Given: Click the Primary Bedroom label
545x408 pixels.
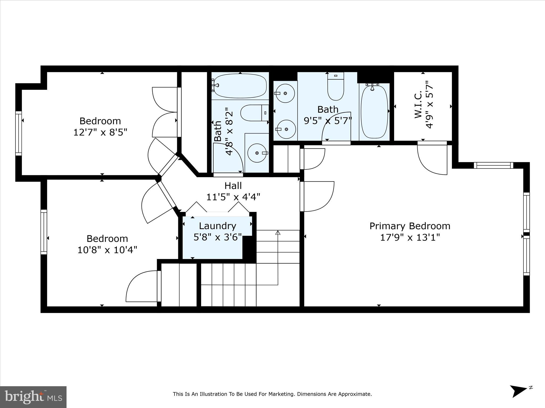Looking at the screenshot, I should click(410, 226).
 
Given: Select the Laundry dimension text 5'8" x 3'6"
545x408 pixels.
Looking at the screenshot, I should click(218, 237).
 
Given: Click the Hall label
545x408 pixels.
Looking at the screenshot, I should click(233, 186).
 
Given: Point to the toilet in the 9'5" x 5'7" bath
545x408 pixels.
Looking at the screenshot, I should click(336, 88).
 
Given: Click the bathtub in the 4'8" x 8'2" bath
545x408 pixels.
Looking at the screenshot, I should click(240, 86).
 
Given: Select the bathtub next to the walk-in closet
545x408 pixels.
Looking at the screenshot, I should click(374, 112).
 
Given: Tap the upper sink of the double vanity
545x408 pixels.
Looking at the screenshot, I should click(285, 93).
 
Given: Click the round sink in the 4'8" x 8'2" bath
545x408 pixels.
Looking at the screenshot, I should click(257, 153).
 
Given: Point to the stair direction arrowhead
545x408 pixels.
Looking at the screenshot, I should click(278, 233).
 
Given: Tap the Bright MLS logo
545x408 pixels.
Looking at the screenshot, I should click(33, 397).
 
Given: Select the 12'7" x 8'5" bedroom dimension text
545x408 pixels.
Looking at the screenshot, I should click(100, 132).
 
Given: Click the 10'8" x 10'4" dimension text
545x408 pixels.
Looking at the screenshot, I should click(107, 250).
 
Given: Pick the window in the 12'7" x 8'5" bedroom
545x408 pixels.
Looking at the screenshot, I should click(18, 133).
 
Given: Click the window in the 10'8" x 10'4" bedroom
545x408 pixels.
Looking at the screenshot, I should click(44, 232).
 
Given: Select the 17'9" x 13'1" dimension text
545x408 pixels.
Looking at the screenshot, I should click(410, 237).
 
